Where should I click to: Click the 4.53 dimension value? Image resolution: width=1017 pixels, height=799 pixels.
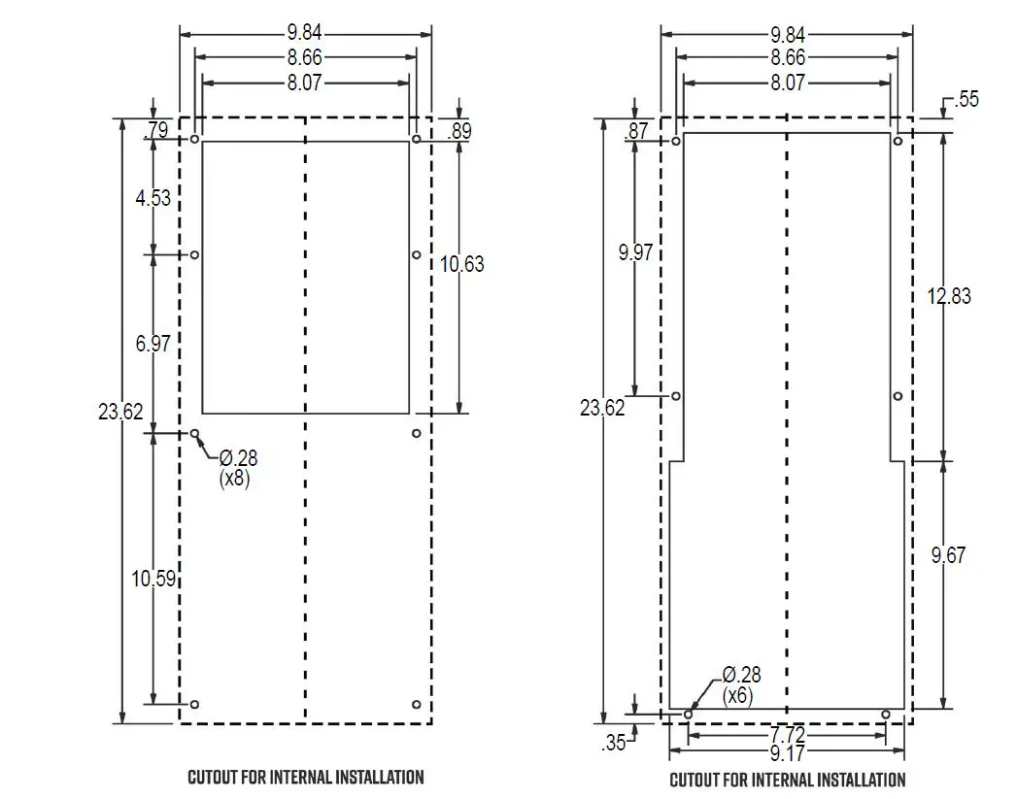pos(153,199)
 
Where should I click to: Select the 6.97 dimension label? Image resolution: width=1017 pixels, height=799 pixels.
pos(153,343)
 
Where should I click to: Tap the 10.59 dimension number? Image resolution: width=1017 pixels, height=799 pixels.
pos(153,579)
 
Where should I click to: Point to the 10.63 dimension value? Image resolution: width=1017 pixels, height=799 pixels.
pos(461,264)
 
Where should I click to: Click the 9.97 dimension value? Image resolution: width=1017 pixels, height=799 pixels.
pos(635,252)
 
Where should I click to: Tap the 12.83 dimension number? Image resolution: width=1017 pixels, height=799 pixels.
pos(948,297)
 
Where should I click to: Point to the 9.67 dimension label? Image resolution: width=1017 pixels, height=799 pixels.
pos(948,556)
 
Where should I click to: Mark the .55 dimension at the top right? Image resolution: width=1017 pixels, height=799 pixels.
pos(966,100)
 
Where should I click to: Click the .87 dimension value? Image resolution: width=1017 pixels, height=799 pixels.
pos(638,131)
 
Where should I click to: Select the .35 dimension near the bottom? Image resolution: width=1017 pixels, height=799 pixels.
pos(614,744)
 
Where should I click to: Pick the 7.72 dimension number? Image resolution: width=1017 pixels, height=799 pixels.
pos(788,739)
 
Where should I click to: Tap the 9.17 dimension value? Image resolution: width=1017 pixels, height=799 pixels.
pos(788,752)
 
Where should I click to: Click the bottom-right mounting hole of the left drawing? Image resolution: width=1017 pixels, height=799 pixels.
pos(416,704)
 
